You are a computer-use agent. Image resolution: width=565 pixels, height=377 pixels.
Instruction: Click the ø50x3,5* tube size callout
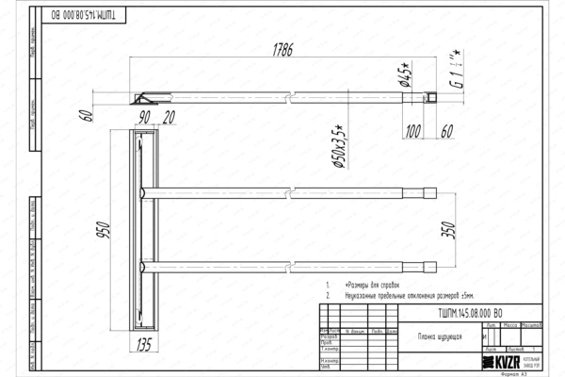(x=336, y=146)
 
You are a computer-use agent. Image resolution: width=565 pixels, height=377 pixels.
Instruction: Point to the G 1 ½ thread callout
(x=455, y=66)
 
